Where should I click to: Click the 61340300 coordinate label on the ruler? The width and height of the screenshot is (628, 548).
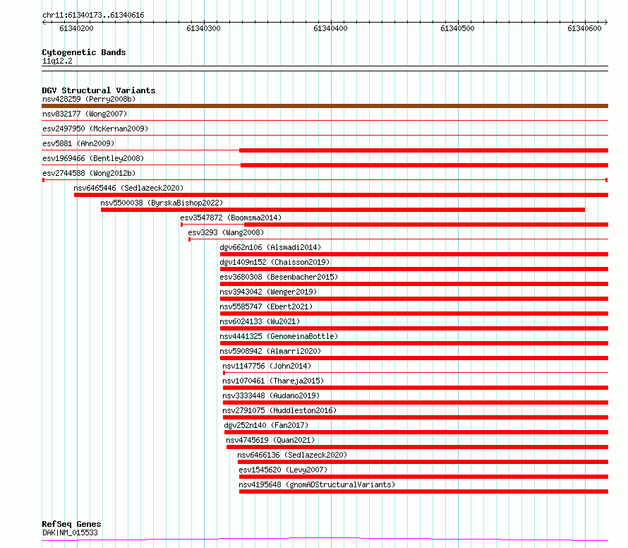(203, 28)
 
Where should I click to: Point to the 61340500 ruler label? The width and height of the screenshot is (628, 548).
(457, 28)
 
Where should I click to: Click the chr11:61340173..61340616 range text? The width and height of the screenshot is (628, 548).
(93, 16)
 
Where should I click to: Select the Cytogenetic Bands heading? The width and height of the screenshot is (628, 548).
(84, 52)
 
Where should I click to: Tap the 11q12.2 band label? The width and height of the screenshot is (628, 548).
(57, 61)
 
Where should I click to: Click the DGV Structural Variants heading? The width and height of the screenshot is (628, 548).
(99, 90)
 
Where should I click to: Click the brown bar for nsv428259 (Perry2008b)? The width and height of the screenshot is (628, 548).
(325, 106)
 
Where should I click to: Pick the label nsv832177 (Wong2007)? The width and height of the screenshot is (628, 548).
(85, 114)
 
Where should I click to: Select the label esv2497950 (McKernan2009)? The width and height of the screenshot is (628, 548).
(95, 129)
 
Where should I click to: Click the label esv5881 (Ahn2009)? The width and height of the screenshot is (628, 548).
(78, 143)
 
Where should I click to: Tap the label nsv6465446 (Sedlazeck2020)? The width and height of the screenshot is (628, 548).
(128, 188)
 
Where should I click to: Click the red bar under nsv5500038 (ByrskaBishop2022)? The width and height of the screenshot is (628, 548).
(343, 210)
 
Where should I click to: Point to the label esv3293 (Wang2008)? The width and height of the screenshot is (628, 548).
(226, 232)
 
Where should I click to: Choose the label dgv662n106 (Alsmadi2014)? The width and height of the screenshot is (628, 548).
(270, 247)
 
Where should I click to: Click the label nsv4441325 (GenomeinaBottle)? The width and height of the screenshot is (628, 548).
(279, 336)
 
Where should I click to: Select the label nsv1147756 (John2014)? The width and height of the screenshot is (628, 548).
(267, 366)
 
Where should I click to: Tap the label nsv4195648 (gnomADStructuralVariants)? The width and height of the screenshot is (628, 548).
(317, 484)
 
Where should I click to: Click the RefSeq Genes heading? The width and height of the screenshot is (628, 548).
(72, 524)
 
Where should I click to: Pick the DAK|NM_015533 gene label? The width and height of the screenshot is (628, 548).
(70, 532)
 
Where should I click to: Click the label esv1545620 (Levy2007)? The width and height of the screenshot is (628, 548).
(283, 470)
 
